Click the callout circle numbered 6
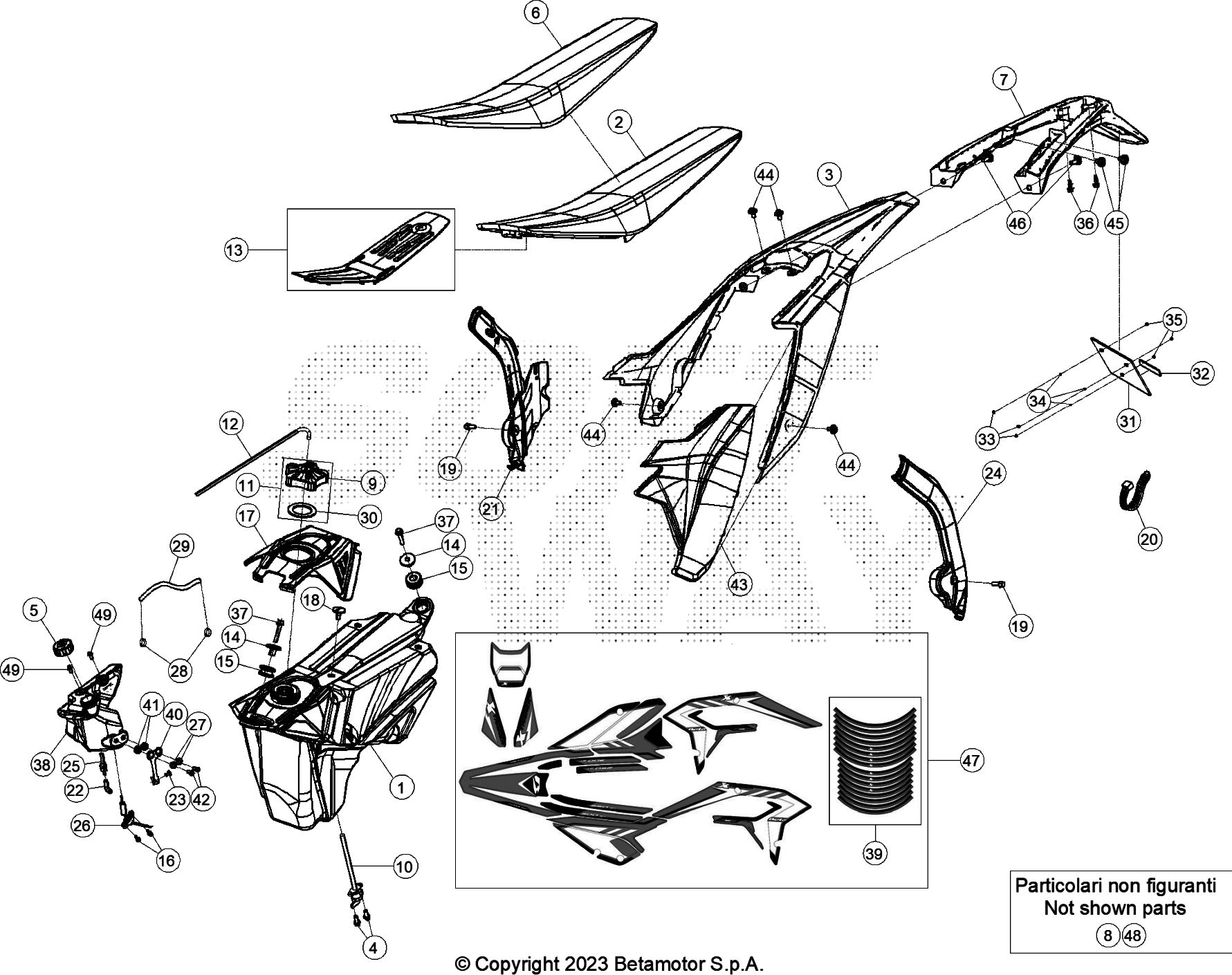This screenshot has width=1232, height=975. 536,13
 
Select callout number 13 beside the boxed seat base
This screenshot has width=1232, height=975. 235,250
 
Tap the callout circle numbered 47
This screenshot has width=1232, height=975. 971,761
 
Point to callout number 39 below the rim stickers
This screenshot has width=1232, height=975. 874,854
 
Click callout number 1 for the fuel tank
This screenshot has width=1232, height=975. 401,786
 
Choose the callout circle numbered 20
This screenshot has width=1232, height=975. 1150,539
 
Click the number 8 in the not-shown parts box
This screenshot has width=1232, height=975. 1107,936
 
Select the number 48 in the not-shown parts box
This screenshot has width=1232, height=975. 1133,936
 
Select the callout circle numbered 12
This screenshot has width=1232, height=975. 230,423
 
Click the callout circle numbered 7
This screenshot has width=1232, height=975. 1004,79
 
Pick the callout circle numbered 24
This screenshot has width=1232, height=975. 994,474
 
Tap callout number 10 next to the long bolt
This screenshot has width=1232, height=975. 404,866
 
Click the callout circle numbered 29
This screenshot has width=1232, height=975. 181,546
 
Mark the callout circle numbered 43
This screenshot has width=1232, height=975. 739,584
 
